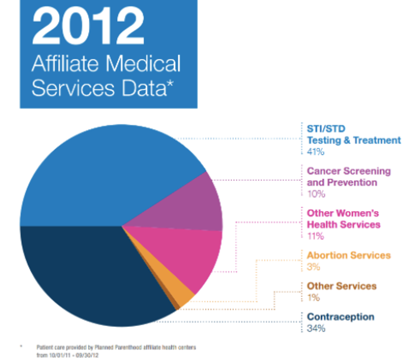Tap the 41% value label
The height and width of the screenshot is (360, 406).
tap(316, 152)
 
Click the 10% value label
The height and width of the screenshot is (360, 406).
tap(316, 194)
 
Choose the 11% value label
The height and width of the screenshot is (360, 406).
tap(315, 236)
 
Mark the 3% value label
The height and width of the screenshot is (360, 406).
tap(313, 267)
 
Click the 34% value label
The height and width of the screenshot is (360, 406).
tap(316, 328)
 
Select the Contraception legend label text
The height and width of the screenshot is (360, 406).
tap(340, 317)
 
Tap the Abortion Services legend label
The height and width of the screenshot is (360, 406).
tap(348, 255)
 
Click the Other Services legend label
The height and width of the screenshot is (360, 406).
tap(341, 286)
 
